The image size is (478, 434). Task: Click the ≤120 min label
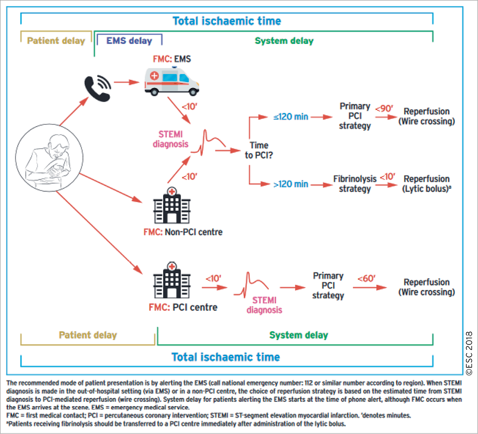click(290, 117)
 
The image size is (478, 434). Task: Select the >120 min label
click(290, 184)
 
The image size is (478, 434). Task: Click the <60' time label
click(366, 279)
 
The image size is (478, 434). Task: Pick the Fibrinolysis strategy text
click(355, 184)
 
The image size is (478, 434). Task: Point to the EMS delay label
click(129, 41)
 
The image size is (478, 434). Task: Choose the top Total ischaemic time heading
click(227, 21)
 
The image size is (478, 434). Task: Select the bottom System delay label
click(298, 335)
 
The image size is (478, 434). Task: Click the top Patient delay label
click(56, 41)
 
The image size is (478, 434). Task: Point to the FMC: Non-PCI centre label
click(183, 232)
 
